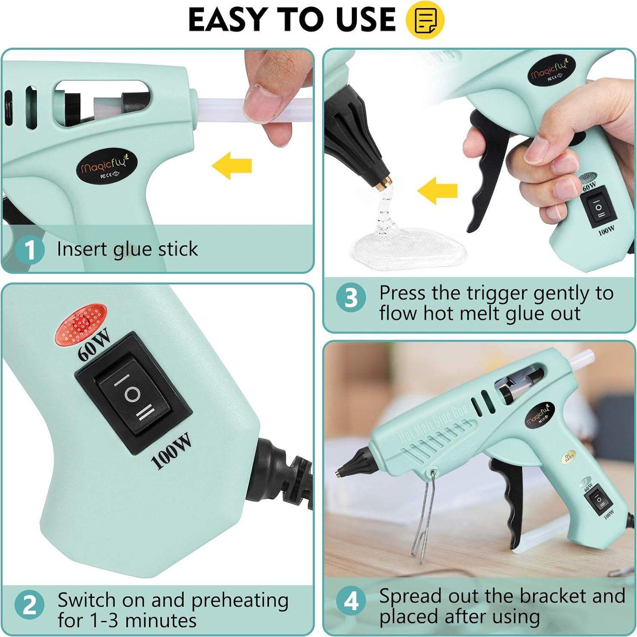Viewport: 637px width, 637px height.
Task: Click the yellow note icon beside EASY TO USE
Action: [425, 20]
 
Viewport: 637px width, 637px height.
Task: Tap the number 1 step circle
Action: [29, 250]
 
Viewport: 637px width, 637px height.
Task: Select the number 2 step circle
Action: [29, 605]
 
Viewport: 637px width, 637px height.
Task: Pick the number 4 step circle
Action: [351, 601]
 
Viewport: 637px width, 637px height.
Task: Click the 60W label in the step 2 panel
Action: [94, 345]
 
